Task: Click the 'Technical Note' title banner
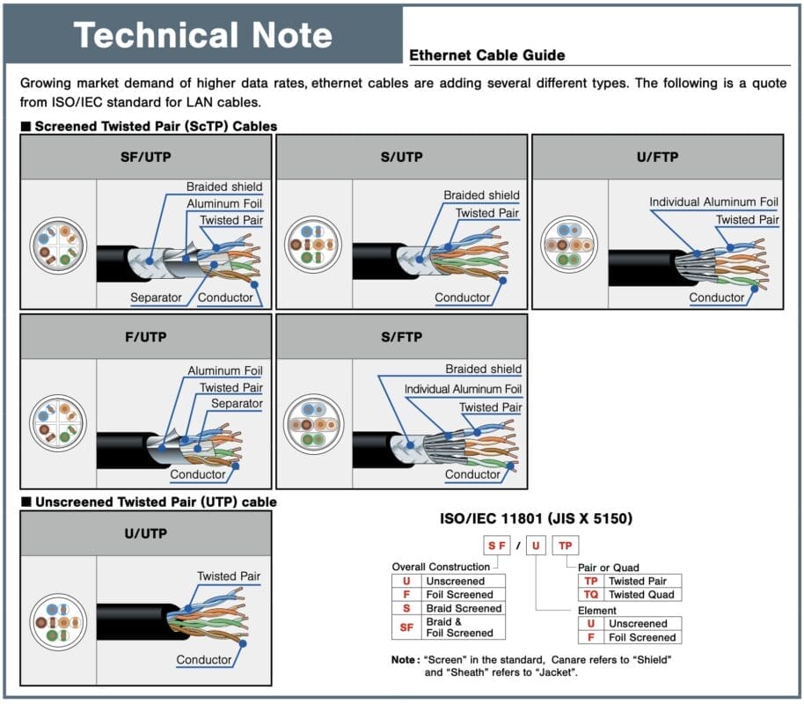point(203,35)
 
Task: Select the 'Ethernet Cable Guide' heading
point(487,55)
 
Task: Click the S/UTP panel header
point(402,158)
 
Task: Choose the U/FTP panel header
point(656,158)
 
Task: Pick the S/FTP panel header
point(402,336)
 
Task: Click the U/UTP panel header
point(146,533)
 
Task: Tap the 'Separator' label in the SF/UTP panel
point(156,297)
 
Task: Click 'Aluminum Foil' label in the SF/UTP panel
point(224,203)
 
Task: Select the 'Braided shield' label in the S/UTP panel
point(481,195)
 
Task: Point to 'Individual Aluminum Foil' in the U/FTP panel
point(714,202)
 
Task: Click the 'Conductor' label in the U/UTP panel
point(204,659)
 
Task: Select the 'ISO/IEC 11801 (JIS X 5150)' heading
point(537,519)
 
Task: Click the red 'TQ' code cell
point(591,595)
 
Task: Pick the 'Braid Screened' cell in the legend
point(464,608)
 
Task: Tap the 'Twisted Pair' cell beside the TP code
point(638,581)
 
